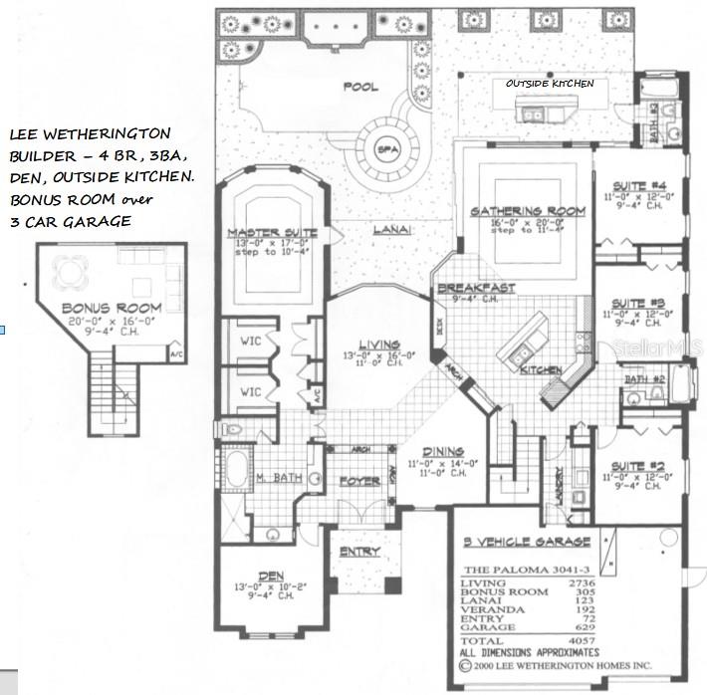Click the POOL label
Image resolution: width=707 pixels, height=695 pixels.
(360, 87)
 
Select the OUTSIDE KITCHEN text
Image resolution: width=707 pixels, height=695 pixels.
(550, 84)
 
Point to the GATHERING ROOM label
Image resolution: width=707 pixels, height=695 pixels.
(513, 210)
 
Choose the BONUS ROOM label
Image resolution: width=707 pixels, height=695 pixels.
(98, 309)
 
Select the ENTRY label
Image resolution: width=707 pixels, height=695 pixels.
(358, 552)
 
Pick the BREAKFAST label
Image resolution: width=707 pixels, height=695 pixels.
(476, 288)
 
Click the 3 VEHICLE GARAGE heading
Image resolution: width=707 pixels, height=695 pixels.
(527, 543)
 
